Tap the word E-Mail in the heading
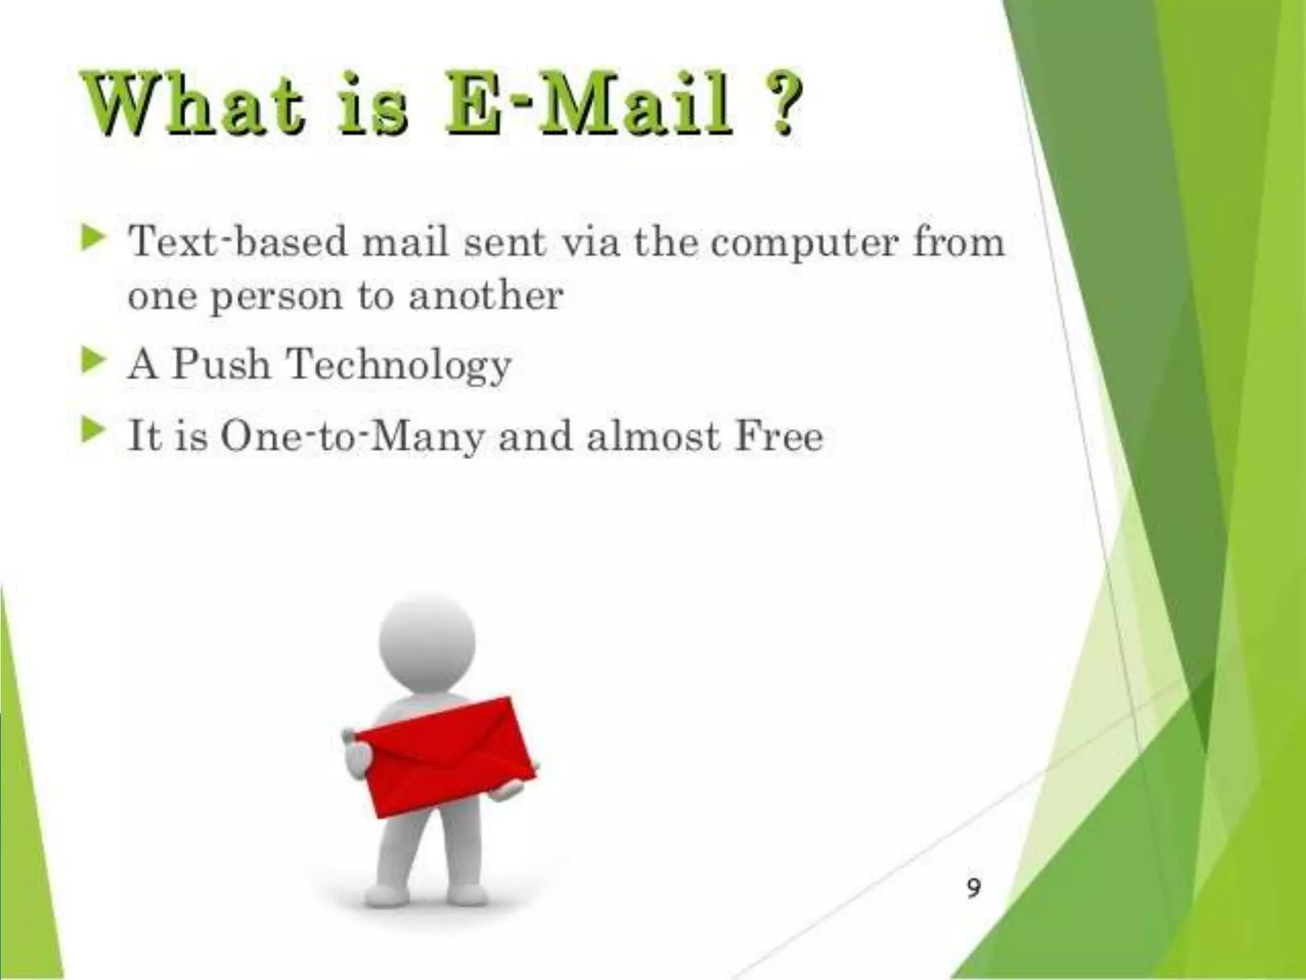[589, 105]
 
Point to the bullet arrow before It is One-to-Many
[92, 432]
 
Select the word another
[486, 297]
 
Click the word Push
[221, 364]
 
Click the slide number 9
[973, 887]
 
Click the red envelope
[445, 756]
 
